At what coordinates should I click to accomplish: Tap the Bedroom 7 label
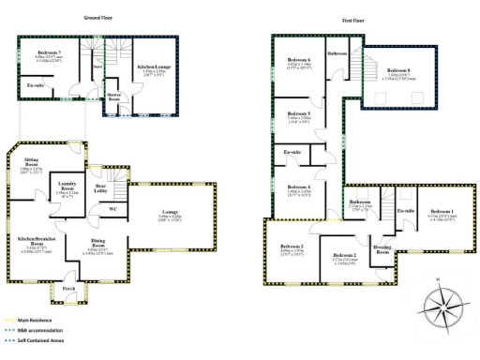point(49,53)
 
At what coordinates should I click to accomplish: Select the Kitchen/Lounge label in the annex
point(153,67)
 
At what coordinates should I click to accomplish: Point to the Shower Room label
point(114,95)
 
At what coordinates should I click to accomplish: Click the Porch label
point(68,288)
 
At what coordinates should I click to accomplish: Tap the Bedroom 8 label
point(397,71)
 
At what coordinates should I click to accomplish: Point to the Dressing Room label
point(381,247)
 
